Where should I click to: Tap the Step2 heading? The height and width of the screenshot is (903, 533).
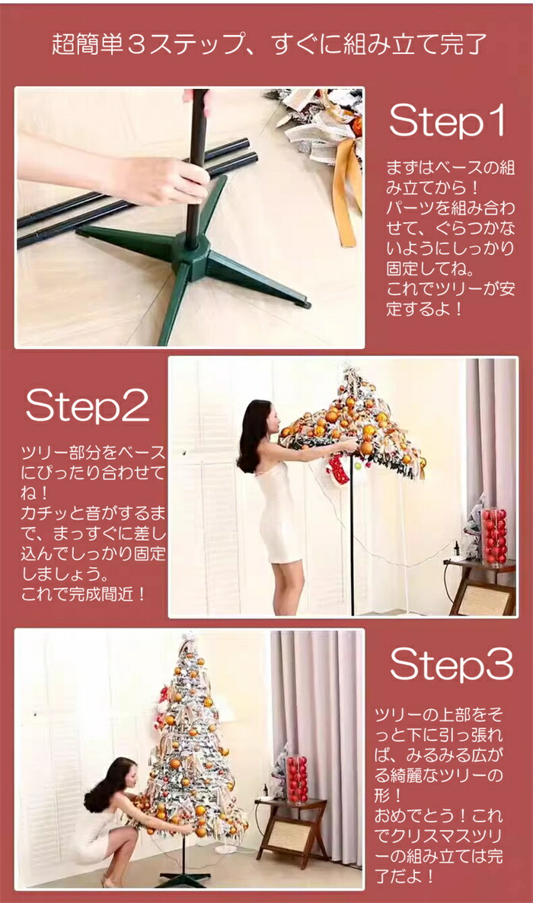(88, 406)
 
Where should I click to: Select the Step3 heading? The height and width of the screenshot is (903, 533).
(452, 665)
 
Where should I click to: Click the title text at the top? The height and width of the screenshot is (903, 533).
(269, 45)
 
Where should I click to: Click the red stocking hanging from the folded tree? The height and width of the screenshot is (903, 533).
(337, 469)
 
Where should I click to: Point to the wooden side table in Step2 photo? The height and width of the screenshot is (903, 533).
(483, 587)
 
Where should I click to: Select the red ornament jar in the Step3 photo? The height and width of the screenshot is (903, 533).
(297, 778)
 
